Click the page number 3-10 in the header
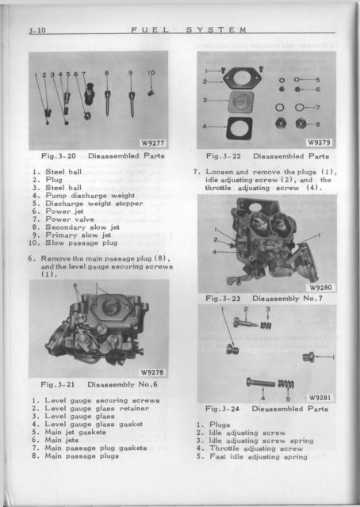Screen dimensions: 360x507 37,30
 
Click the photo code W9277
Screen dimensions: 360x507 153,143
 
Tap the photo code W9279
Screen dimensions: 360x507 319,143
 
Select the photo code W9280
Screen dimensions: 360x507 320,287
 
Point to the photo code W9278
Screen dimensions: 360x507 152,372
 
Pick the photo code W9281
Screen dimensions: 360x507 320,398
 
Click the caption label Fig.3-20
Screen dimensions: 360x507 58,156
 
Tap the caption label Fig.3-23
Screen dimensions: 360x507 223,298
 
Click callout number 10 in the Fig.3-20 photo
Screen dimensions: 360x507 151,73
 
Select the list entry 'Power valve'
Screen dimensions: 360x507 65,219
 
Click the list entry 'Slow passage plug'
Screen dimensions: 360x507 81,243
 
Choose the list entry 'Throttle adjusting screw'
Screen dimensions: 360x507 256,448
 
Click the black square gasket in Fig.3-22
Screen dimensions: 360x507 239,128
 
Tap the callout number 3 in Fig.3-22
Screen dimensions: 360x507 205,101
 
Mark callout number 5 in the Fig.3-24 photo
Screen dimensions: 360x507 288,399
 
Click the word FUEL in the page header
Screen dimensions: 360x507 150,30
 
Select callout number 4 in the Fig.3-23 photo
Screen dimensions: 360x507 215,252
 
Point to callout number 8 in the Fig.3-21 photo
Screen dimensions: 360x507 75,285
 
